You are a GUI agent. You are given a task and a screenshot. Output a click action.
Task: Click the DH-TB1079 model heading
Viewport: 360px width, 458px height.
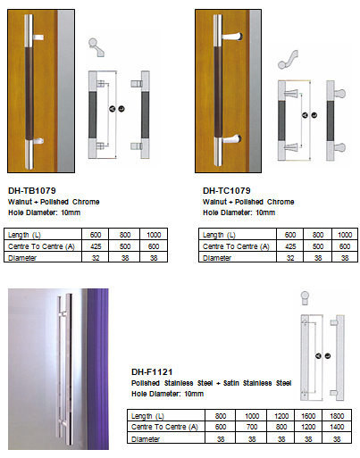pyautogui.click(x=32, y=190)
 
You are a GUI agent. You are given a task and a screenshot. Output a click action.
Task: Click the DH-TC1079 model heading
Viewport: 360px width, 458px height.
pyautogui.click(x=227, y=190)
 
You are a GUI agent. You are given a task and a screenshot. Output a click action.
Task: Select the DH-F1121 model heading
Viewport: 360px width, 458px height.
pyautogui.click(x=152, y=371)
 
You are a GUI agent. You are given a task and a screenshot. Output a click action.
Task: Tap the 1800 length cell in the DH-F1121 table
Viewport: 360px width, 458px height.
pyautogui.click(x=337, y=416)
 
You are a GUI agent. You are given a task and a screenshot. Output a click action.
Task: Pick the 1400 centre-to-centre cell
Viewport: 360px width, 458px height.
pyautogui.click(x=337, y=427)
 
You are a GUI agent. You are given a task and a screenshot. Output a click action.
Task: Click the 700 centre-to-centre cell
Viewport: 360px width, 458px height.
pyautogui.click(x=252, y=427)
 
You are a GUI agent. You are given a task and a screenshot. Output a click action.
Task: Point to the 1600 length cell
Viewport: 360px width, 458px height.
pyautogui.click(x=308, y=416)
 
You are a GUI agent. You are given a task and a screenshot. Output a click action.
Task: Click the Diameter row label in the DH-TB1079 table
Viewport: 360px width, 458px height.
pyautogui.click(x=22, y=258)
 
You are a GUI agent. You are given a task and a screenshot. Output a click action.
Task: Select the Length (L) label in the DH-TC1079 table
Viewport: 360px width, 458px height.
pyautogui.click(x=219, y=235)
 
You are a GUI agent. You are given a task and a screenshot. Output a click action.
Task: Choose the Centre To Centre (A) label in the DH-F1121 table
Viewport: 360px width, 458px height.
pyautogui.click(x=164, y=427)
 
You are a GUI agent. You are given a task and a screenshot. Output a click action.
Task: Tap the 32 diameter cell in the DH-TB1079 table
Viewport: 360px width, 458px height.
pyautogui.click(x=96, y=258)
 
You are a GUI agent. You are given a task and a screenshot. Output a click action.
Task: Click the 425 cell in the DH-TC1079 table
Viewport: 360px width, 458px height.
pyautogui.click(x=290, y=246)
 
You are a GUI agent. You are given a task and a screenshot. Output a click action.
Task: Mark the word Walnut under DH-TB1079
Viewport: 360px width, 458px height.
pyautogui.click(x=20, y=202)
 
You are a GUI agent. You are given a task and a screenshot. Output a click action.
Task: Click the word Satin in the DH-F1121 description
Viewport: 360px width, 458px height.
pyautogui.click(x=231, y=383)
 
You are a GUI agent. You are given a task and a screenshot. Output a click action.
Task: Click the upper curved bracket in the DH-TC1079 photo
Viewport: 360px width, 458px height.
pyautogui.click(x=231, y=37)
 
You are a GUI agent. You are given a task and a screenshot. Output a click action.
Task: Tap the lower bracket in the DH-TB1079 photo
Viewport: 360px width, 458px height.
pyautogui.click(x=38, y=140)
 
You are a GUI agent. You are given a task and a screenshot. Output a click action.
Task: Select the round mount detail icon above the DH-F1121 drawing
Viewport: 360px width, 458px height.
pyautogui.click(x=305, y=298)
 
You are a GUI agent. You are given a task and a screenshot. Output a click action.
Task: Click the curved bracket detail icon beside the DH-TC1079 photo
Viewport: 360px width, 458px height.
pyautogui.click(x=288, y=60)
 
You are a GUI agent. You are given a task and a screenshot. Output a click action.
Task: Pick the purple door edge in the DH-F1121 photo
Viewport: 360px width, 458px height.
pyautogui.click(x=98, y=369)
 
